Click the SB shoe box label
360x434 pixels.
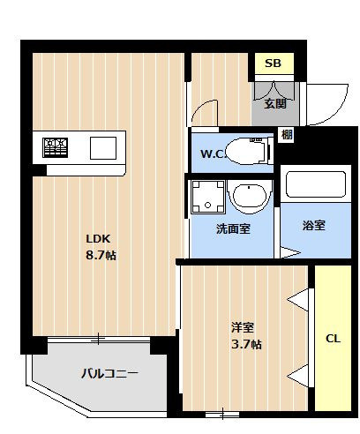[273, 64]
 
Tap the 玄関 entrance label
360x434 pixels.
[274, 103]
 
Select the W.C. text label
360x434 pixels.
[213, 155]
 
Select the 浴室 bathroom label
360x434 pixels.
[313, 225]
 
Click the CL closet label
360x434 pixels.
[334, 338]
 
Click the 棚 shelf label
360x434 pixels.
[287, 134]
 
